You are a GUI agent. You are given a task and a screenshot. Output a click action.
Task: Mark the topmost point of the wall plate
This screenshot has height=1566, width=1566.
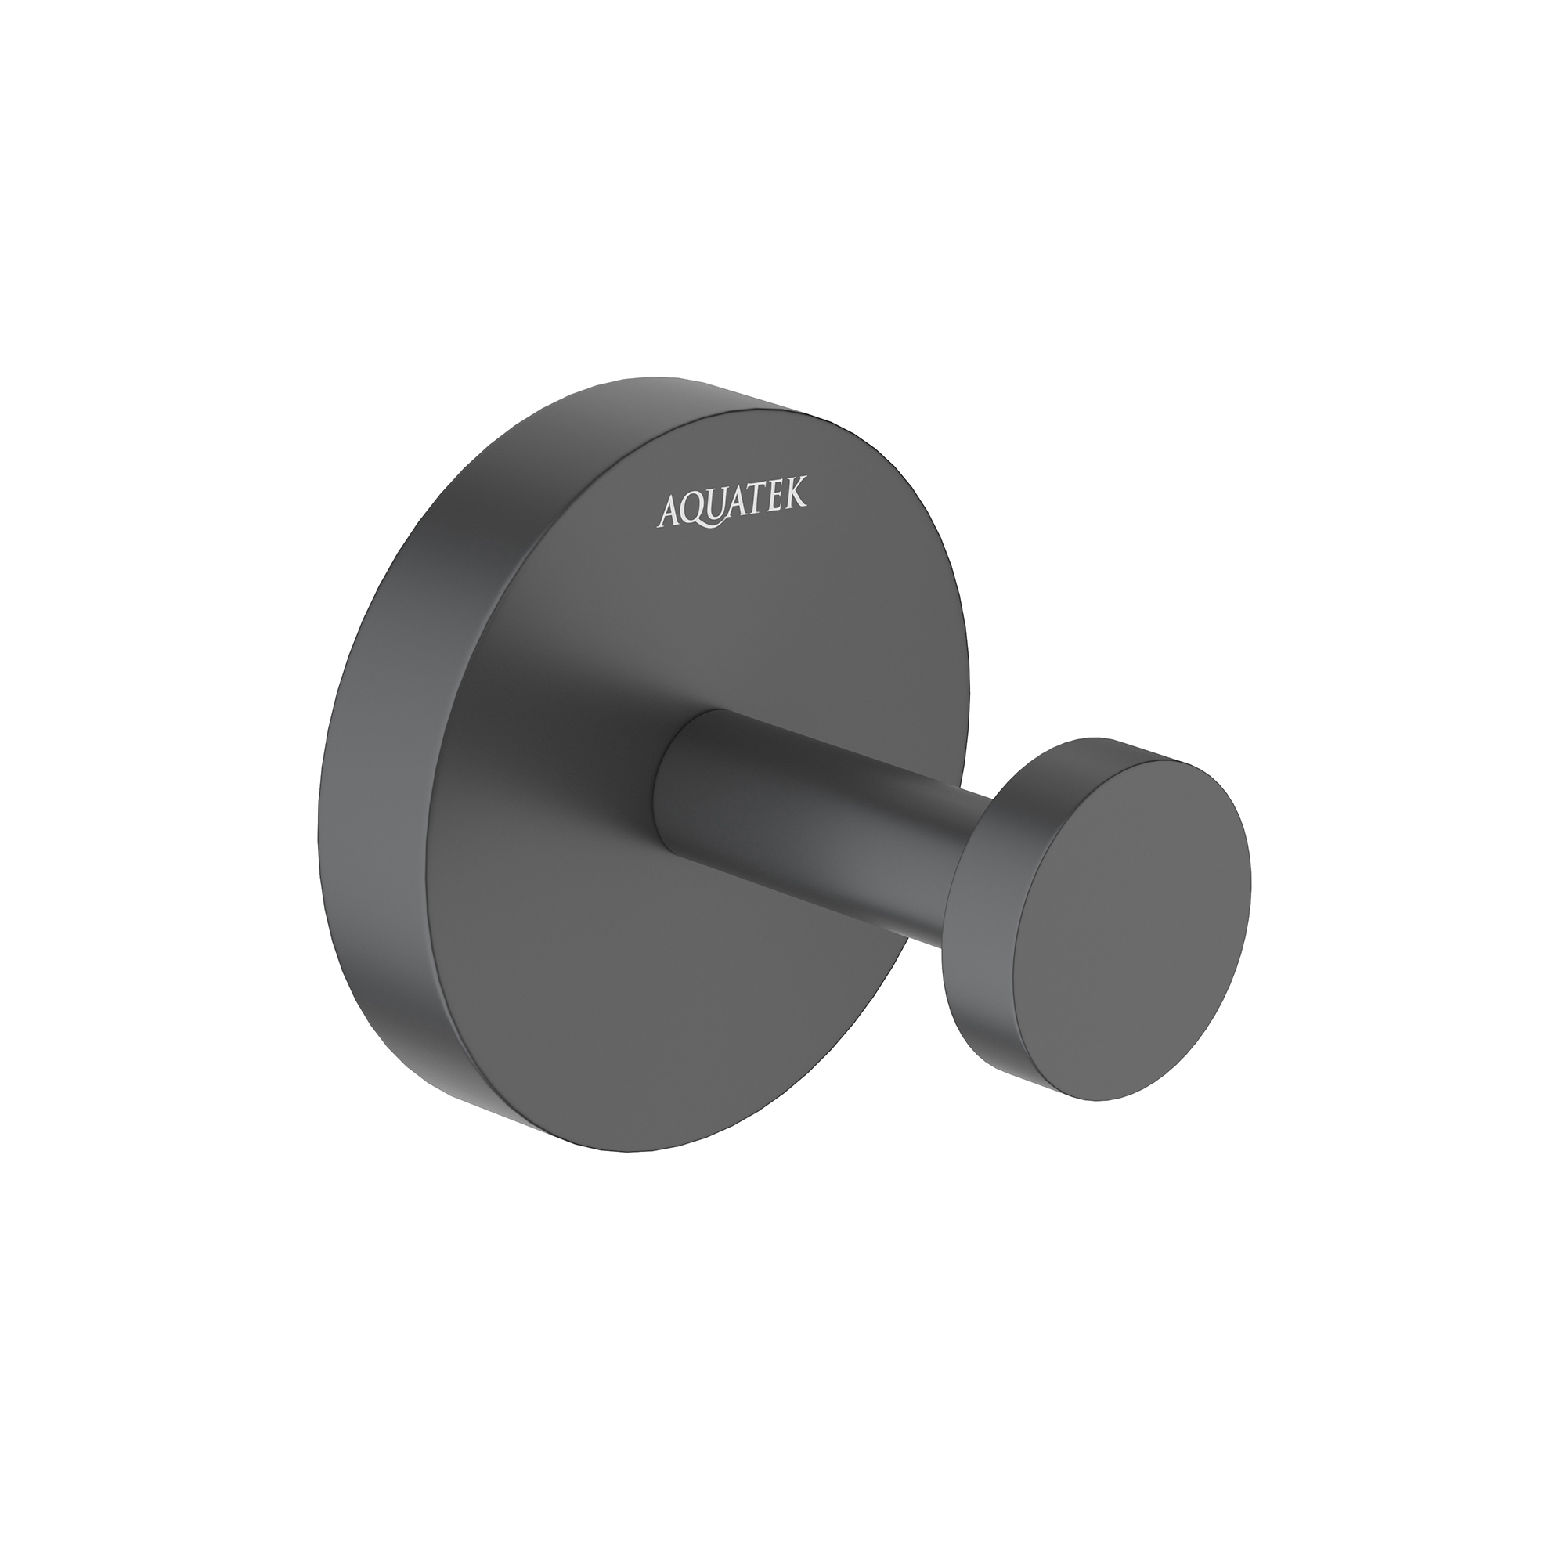coord(640,377)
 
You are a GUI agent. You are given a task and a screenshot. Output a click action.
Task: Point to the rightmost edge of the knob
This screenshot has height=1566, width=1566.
coord(1251,883)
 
